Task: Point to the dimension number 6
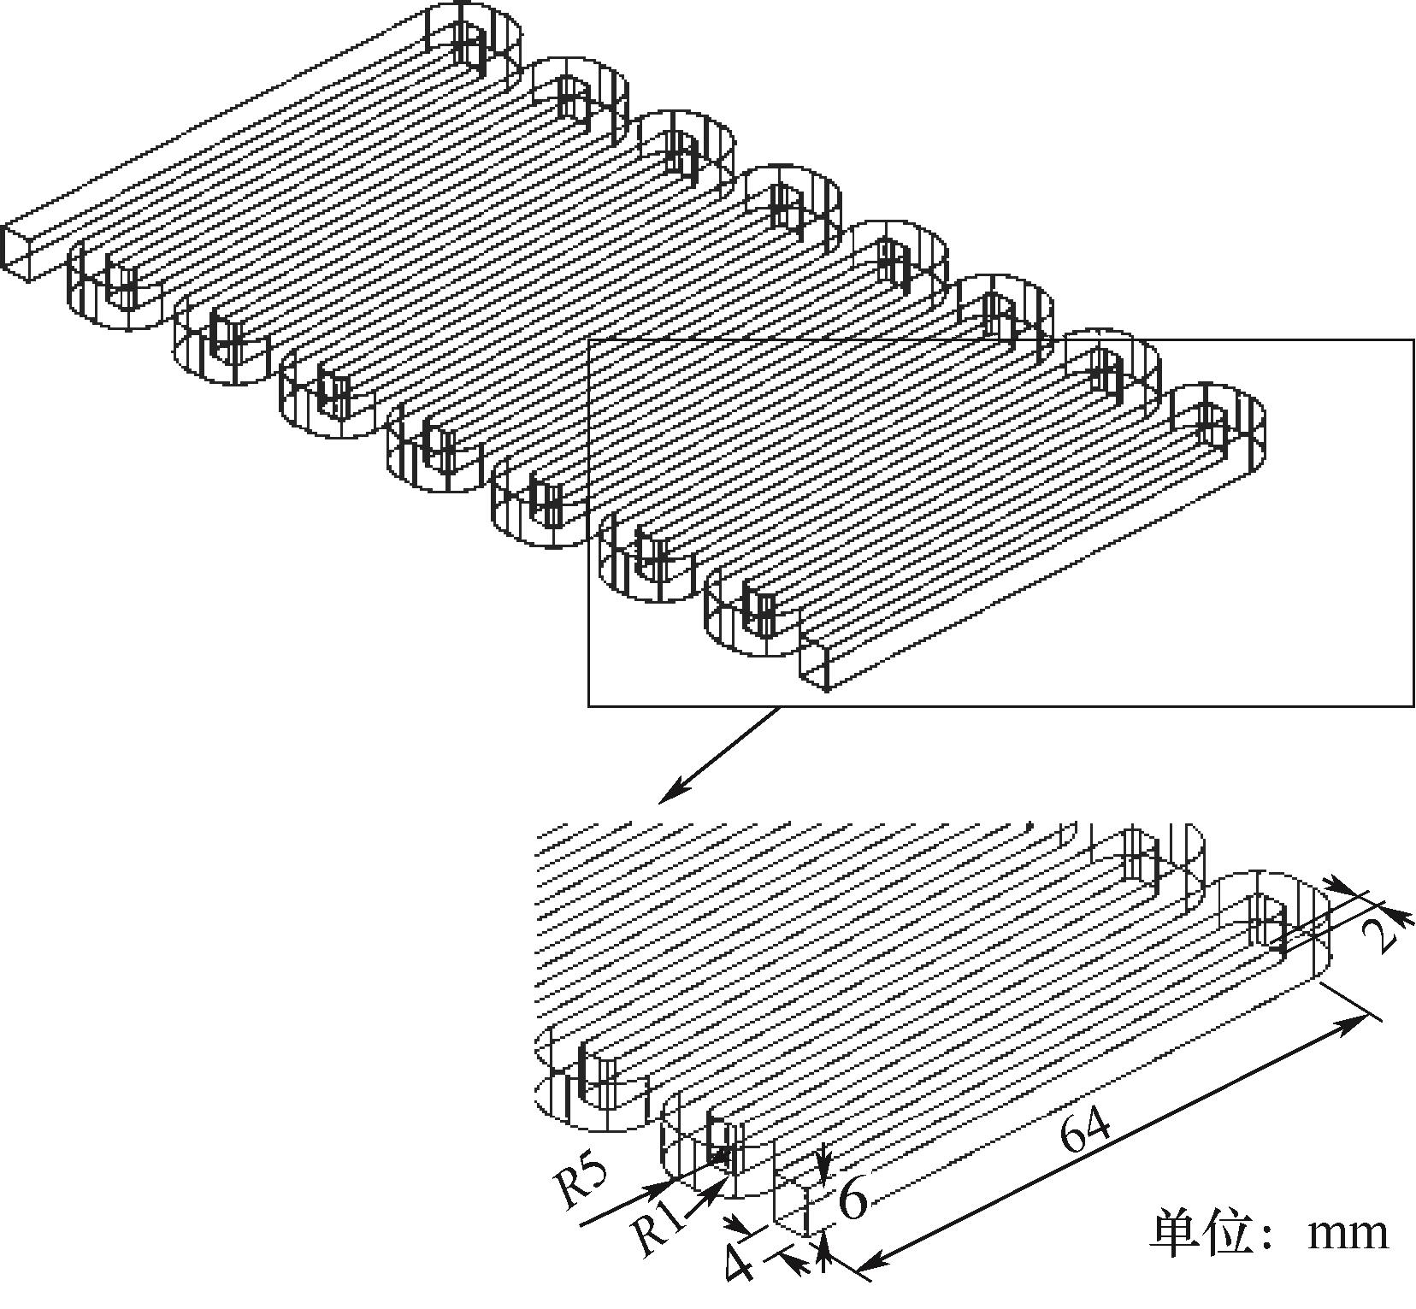click(x=853, y=1199)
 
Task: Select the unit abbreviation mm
click(x=1348, y=1233)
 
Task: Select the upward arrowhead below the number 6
click(x=823, y=1243)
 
